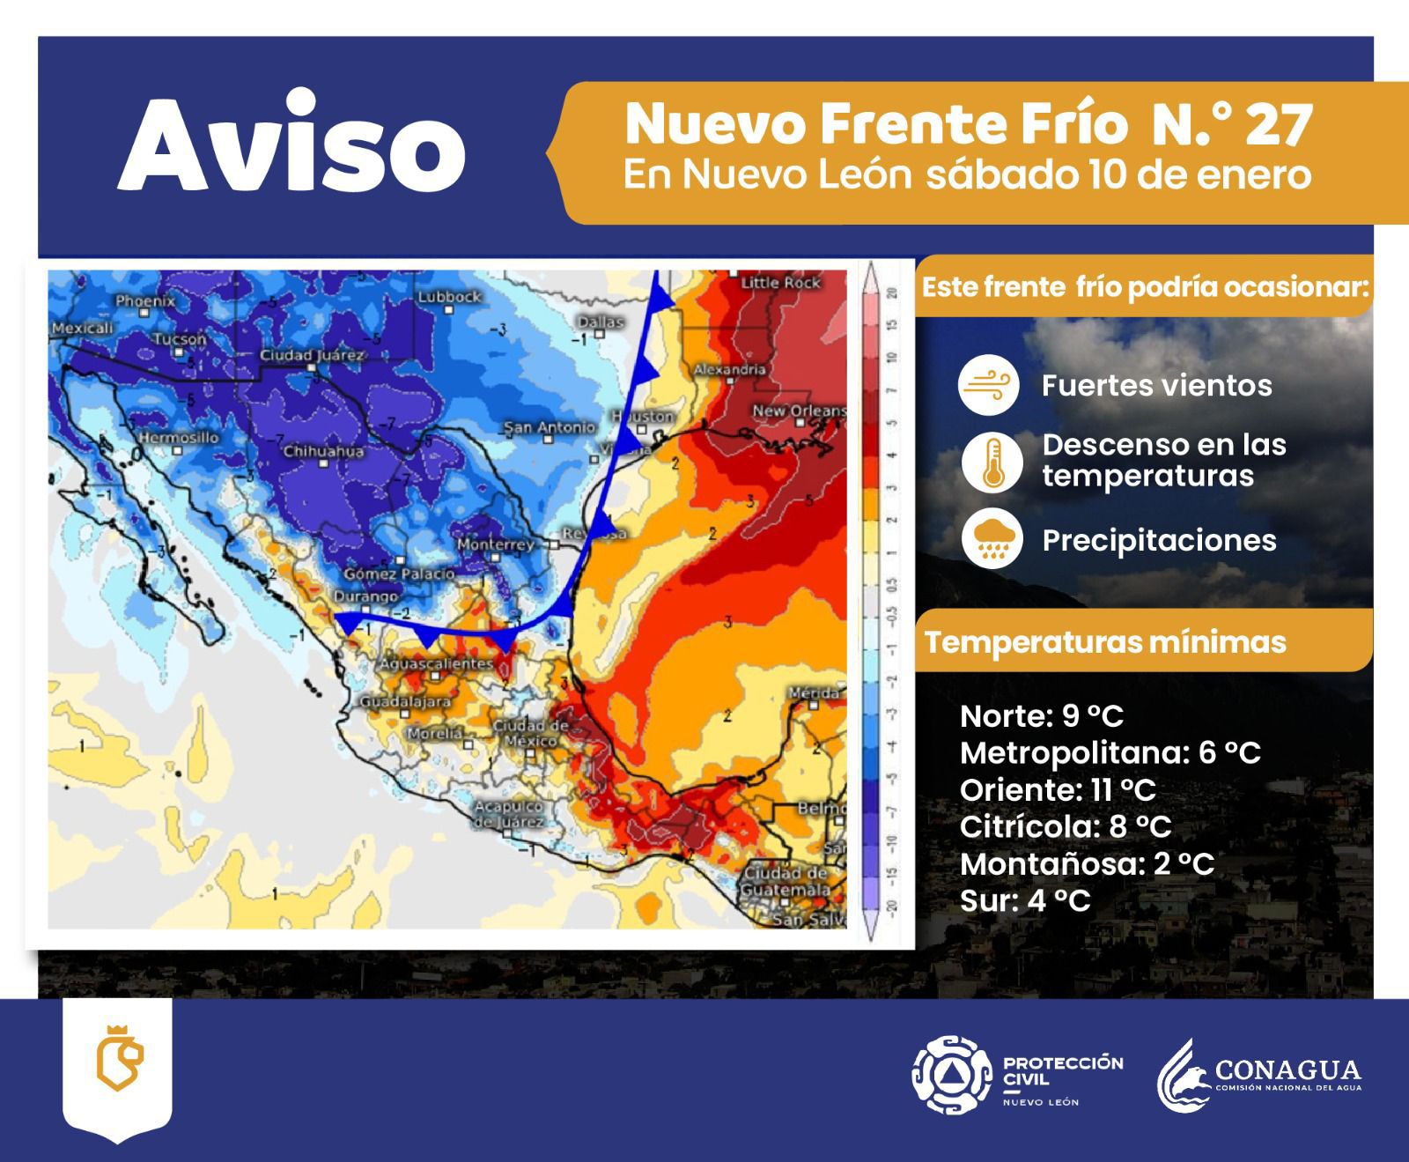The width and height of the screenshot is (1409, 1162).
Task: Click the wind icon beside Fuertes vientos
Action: pos(988,385)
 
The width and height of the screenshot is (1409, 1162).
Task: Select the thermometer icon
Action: pos(992,462)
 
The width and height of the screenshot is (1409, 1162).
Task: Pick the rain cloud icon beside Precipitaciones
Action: pos(992,540)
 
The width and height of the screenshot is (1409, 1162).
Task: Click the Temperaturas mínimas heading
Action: pos(1105,641)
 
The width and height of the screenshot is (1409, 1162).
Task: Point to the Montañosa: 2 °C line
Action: pos(1087,864)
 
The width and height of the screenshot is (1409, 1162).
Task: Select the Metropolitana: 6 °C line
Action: pos(1110,753)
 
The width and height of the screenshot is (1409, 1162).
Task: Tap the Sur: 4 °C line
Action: pos(1025,901)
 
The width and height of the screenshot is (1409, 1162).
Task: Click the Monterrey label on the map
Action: pos(496,544)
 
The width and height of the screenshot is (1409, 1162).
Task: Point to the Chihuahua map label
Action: pos(323,451)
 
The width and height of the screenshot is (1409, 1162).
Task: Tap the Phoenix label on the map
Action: pos(145,301)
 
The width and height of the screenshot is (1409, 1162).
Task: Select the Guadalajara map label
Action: pos(405,702)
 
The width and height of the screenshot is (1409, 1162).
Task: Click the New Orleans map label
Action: pos(799,411)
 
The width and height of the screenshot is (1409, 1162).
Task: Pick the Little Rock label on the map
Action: pos(780,283)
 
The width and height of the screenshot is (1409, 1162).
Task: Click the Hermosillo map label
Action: pos(178,438)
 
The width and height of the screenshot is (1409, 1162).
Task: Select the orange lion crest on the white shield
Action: pos(118,1058)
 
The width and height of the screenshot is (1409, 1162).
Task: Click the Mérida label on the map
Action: pos(814,693)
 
